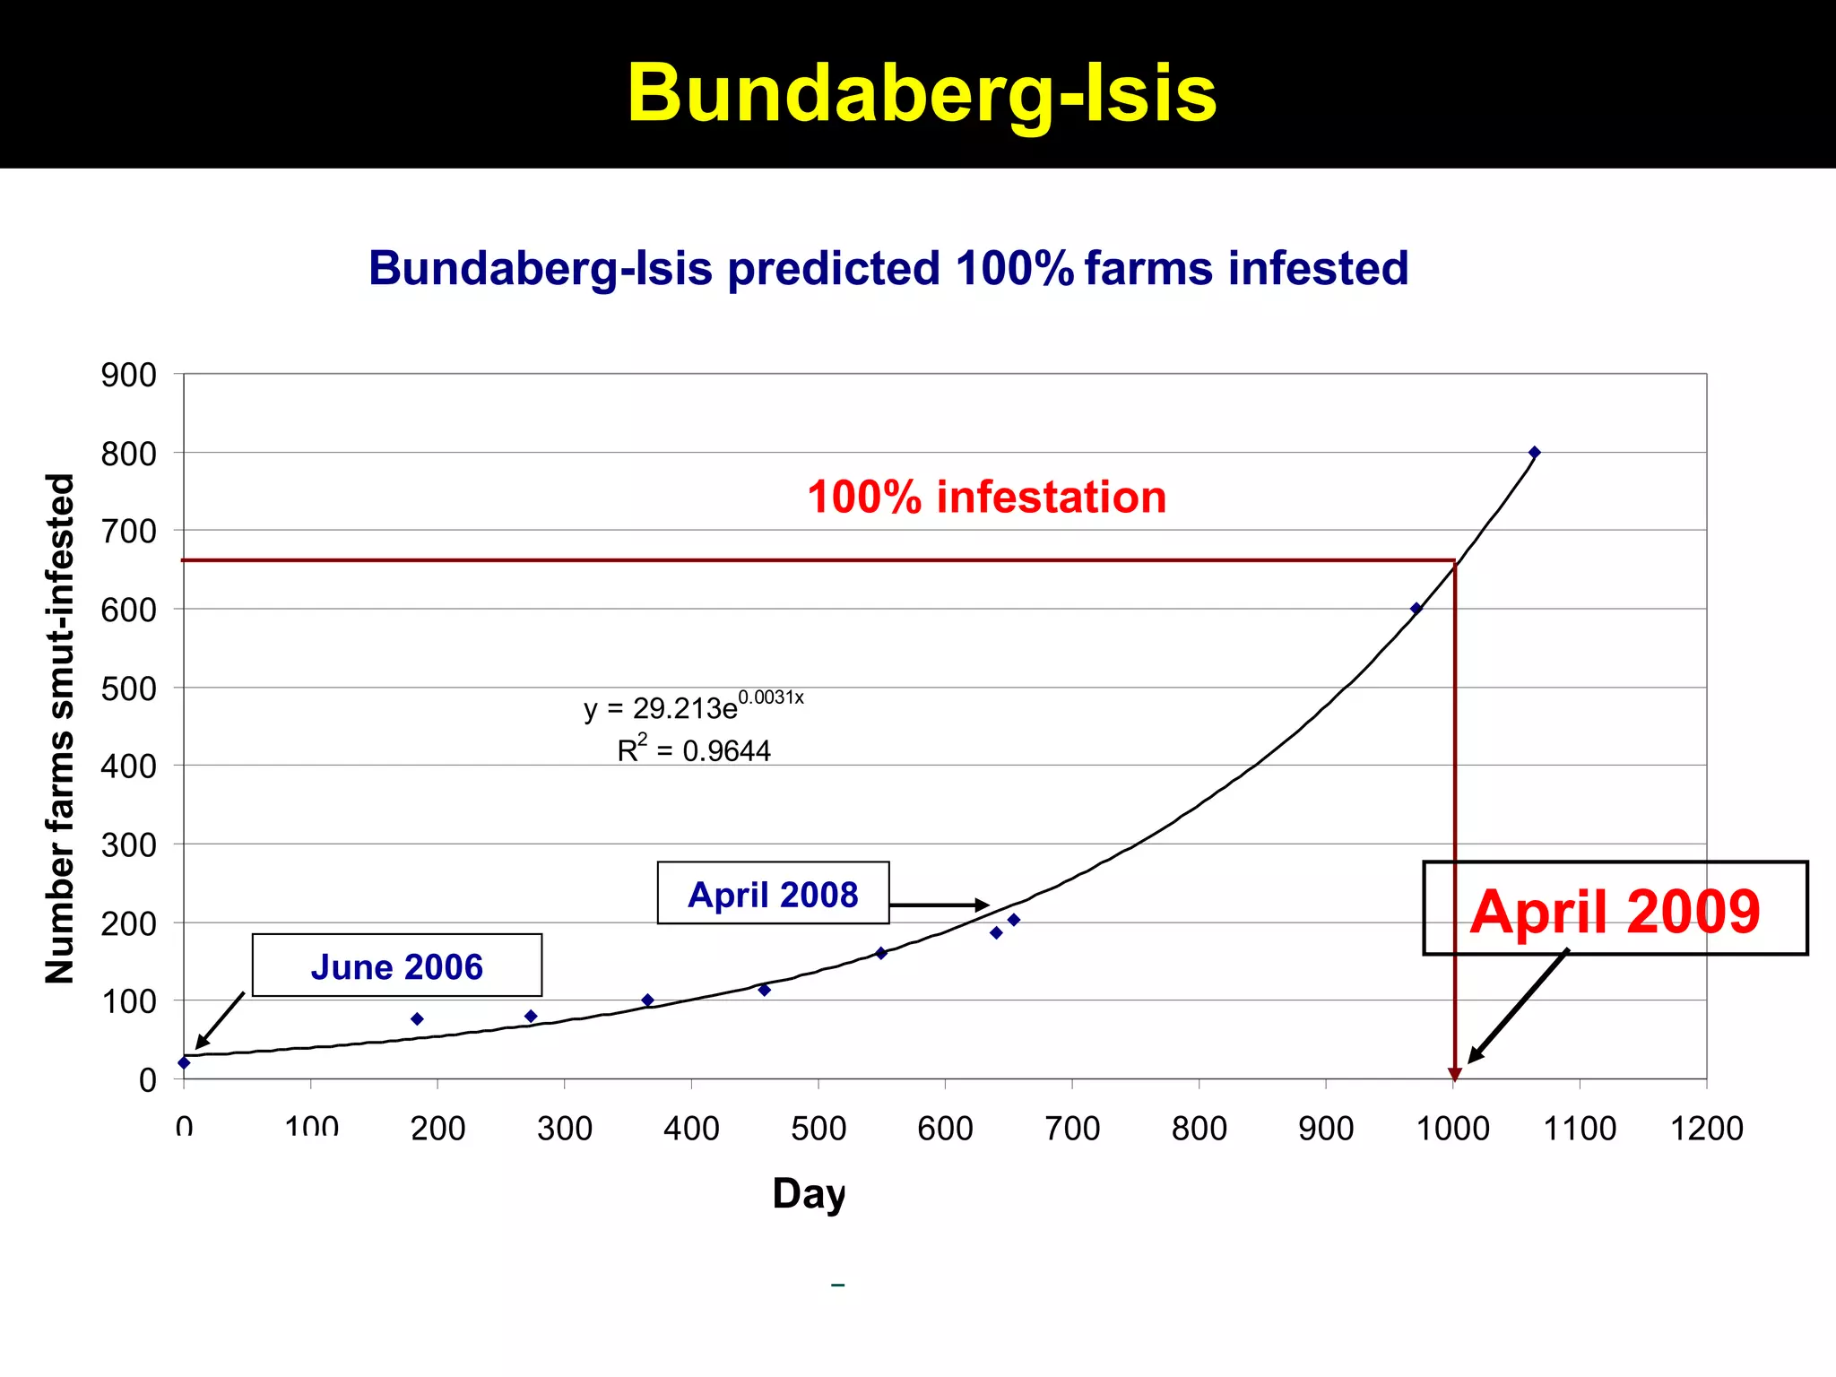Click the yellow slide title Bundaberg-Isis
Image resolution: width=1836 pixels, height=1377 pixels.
click(922, 93)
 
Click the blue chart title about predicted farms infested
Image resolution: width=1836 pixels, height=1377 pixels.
click(888, 268)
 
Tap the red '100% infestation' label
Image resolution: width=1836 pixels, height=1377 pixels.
click(986, 498)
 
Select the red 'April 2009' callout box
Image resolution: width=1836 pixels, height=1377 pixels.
click(1615, 909)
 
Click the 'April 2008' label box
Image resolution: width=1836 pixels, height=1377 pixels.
click(773, 894)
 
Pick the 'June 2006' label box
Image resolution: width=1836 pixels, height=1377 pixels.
click(396, 966)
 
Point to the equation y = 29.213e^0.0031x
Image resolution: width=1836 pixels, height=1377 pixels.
click(693, 706)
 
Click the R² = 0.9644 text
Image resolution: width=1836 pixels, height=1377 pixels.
click(693, 749)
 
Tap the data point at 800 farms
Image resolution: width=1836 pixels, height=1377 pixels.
click(1534, 453)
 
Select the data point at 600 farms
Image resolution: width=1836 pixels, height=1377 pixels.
click(1416, 609)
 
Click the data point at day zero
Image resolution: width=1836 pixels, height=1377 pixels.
click(184, 1062)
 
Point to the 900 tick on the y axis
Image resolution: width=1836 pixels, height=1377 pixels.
click(128, 375)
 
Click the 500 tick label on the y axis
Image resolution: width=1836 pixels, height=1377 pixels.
click(128, 688)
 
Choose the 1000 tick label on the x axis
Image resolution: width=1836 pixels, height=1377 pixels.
click(1452, 1128)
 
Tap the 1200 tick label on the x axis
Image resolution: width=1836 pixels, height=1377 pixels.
click(1706, 1128)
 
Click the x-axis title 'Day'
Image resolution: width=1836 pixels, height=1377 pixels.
click(809, 1194)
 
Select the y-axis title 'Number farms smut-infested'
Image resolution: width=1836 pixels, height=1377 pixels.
click(60, 728)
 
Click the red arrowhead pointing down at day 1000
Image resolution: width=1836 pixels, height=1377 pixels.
click(1454, 1074)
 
